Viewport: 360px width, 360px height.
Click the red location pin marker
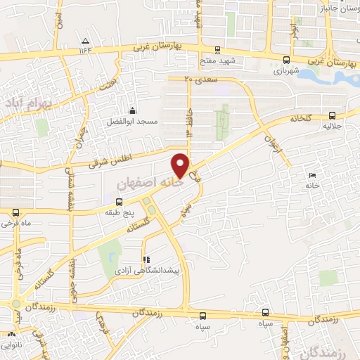181,164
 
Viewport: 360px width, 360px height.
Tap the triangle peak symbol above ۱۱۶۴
85,40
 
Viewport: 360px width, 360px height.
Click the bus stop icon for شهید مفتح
217,50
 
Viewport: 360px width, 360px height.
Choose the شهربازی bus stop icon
285,60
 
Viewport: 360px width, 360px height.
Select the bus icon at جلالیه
331,117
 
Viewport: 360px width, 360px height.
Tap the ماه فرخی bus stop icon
15,212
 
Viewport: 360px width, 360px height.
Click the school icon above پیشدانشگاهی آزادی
146,259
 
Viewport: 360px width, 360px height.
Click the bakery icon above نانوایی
11,334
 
